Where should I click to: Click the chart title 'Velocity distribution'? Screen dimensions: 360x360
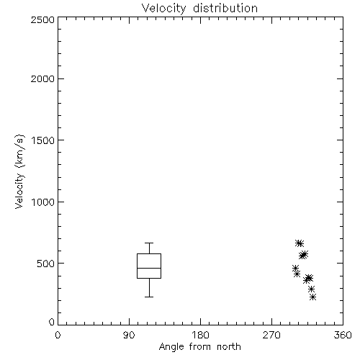click(x=199, y=9)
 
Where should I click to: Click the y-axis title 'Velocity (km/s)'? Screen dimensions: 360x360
click(x=19, y=171)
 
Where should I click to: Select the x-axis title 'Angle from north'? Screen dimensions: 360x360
click(x=199, y=347)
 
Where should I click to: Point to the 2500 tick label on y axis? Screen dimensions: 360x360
click(x=42, y=19)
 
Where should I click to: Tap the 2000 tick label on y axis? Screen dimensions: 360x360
click(x=42, y=78)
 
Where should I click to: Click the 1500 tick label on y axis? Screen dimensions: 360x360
click(x=43, y=140)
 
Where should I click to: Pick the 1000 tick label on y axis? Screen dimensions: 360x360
click(x=43, y=202)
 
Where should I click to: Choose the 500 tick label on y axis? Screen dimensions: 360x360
click(x=46, y=264)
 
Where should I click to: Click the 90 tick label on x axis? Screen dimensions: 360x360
click(x=129, y=335)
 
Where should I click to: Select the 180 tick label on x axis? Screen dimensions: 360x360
click(x=200, y=335)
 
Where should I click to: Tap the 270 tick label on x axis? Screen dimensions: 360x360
click(x=271, y=335)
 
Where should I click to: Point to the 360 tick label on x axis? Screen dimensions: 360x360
click(x=343, y=335)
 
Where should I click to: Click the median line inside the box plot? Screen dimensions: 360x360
click(x=149, y=268)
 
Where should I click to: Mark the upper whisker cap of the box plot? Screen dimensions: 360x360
click(x=149, y=243)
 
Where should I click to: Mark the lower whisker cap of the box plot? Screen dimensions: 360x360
click(x=149, y=297)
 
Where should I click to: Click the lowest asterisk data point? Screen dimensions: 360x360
click(x=312, y=297)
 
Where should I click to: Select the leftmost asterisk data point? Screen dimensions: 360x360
click(x=296, y=268)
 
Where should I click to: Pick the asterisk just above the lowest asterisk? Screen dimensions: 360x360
click(x=311, y=289)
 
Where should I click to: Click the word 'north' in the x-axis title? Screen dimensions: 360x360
click(x=229, y=346)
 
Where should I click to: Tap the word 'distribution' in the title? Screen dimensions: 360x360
click(x=225, y=8)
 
